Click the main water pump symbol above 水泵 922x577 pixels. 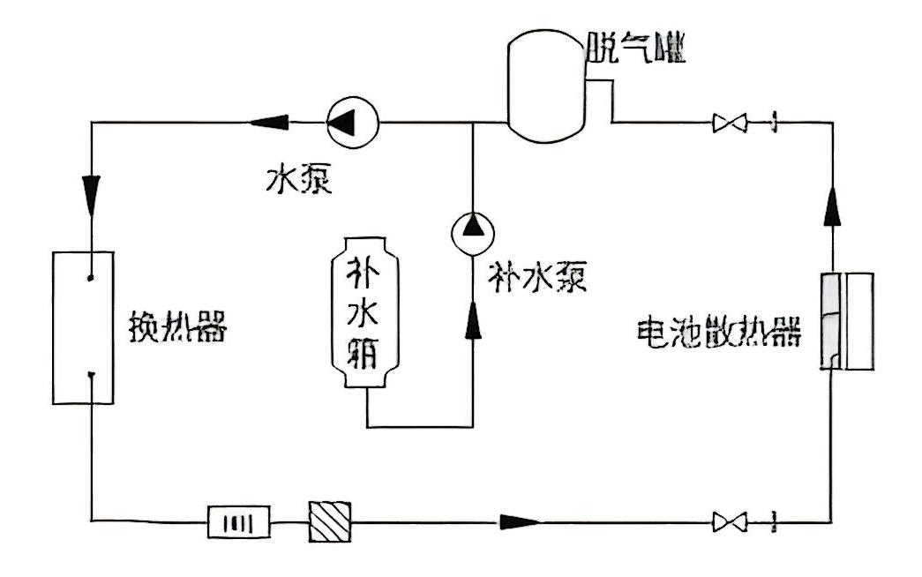coord(351,122)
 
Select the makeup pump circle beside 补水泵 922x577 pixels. coord(473,230)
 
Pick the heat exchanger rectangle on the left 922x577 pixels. coord(83,326)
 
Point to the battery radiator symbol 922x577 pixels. coord(848,320)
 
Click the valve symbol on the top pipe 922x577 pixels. coord(731,122)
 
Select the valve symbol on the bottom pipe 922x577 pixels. coord(731,522)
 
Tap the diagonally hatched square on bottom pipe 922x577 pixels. coord(330,521)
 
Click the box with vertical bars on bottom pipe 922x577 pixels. coord(239,521)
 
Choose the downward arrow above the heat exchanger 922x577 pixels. coord(92,189)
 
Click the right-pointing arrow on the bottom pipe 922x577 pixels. coord(520,521)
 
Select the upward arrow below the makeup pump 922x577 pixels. coord(473,320)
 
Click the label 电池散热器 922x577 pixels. coord(718,333)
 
